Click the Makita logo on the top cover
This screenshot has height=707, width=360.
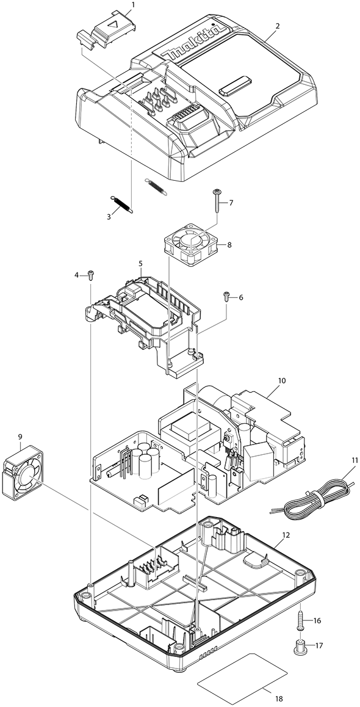coord(195,42)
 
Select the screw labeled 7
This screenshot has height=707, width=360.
coord(218,201)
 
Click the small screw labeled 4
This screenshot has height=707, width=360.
coord(90,274)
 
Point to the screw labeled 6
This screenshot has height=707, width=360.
coord(226,296)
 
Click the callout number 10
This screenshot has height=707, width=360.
coord(281,380)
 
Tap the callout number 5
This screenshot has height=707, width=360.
coord(140,263)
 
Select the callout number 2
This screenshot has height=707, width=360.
coord(278,26)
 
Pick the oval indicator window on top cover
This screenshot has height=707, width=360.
coord(236,85)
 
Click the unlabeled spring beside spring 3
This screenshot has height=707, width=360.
coord(156,186)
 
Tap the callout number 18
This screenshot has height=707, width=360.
coord(279,699)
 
